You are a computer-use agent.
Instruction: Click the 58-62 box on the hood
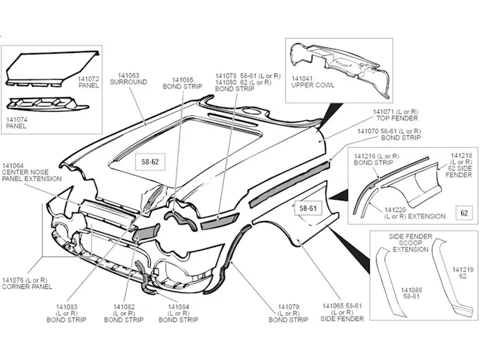point(151,163)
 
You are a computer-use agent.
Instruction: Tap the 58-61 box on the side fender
point(308,208)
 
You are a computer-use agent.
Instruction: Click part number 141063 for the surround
point(128,75)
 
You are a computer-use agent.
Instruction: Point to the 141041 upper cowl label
point(302,77)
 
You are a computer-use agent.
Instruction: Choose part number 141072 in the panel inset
point(89,79)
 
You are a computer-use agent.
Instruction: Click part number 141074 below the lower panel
point(17,119)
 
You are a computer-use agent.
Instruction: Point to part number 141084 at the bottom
point(177,306)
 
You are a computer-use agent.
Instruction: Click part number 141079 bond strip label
point(288,306)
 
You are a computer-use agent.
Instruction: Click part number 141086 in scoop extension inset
point(412,288)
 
